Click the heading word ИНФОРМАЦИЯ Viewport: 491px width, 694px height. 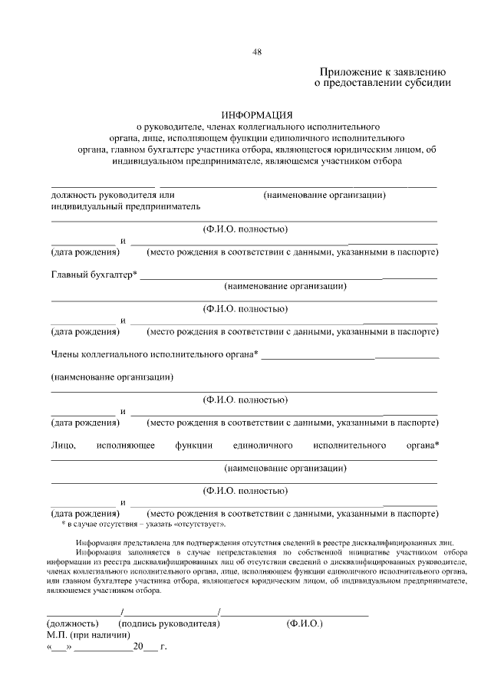coord(245,114)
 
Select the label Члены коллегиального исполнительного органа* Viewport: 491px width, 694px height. coord(154,354)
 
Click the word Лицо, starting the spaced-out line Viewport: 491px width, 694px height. coord(63,445)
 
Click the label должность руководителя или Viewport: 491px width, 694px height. coord(103,195)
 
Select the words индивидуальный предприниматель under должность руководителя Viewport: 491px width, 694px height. coord(125,206)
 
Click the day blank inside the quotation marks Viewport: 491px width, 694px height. coord(60,648)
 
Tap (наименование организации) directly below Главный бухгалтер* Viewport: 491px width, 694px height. coord(285,287)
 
